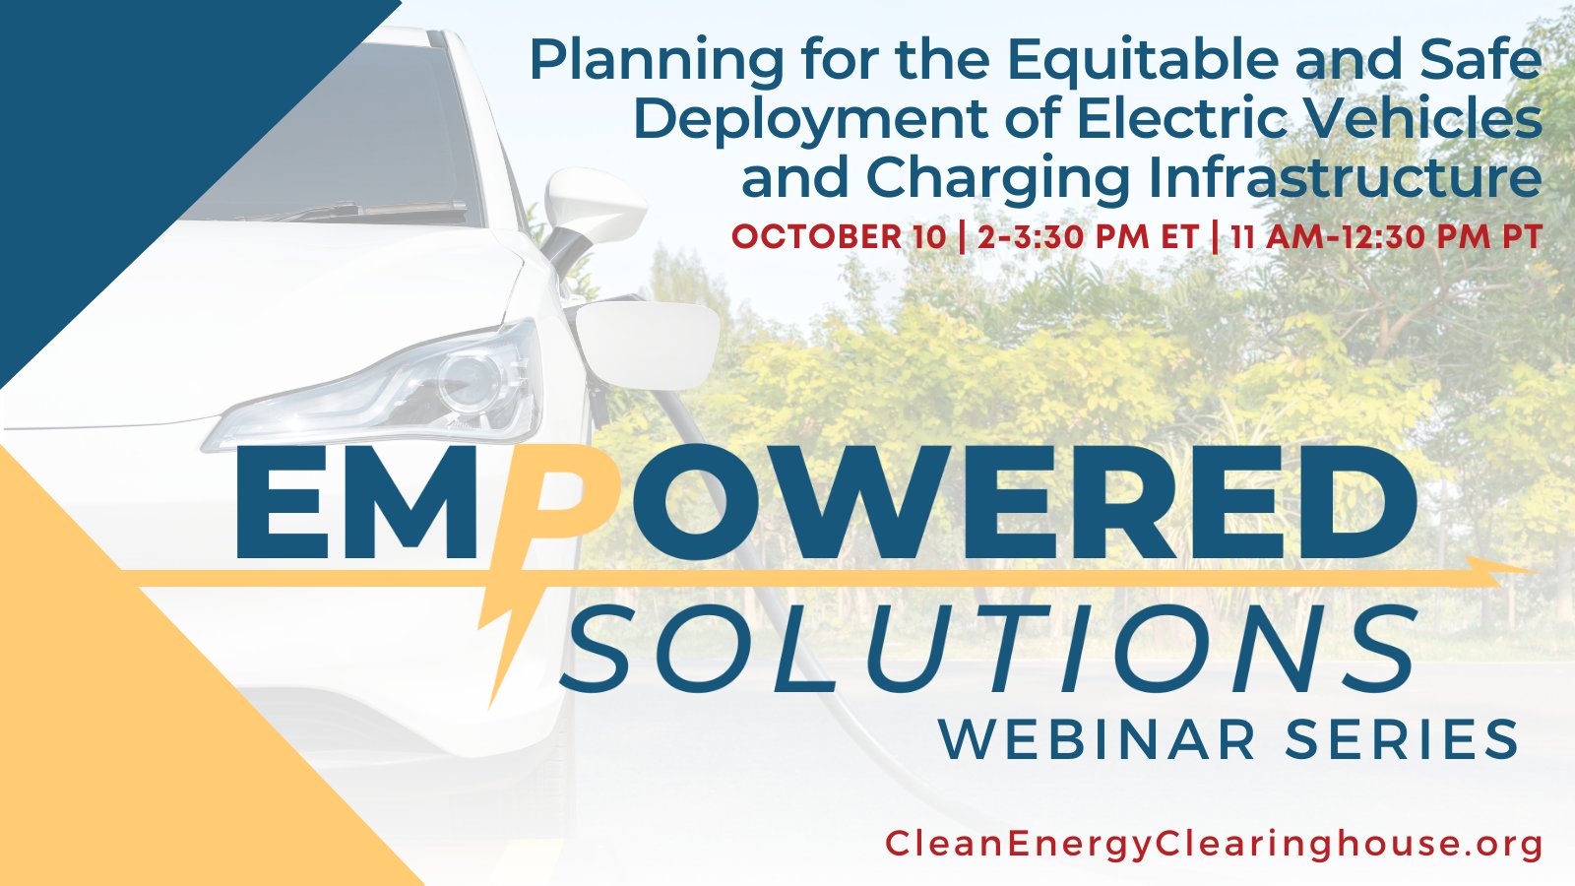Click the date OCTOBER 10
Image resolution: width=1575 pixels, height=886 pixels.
pyautogui.click(x=840, y=237)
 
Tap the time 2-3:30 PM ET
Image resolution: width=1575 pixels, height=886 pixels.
pyautogui.click(x=1088, y=237)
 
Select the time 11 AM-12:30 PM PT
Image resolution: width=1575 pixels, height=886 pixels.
pyautogui.click(x=1386, y=237)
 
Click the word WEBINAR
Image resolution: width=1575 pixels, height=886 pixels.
pyautogui.click(x=1098, y=739)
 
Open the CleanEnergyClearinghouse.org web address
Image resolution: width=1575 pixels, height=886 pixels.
pyautogui.click(x=1214, y=845)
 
